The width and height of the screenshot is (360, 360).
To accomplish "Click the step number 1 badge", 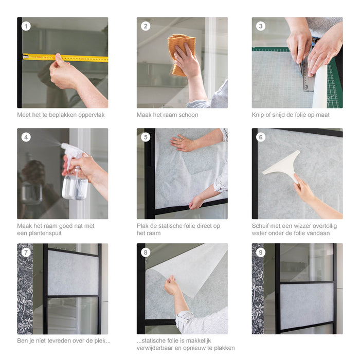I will (26, 26).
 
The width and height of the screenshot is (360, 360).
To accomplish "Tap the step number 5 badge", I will (146, 137).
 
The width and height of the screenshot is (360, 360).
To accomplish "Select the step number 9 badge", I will (261, 252).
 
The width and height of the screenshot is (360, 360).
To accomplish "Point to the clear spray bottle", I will (75, 183).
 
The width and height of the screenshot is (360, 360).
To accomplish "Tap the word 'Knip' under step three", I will (259, 115).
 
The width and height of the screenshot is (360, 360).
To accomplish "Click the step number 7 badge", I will (26, 252).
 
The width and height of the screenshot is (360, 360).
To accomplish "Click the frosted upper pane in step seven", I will (73, 273).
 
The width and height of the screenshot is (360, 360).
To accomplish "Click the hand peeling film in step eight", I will (172, 285).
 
